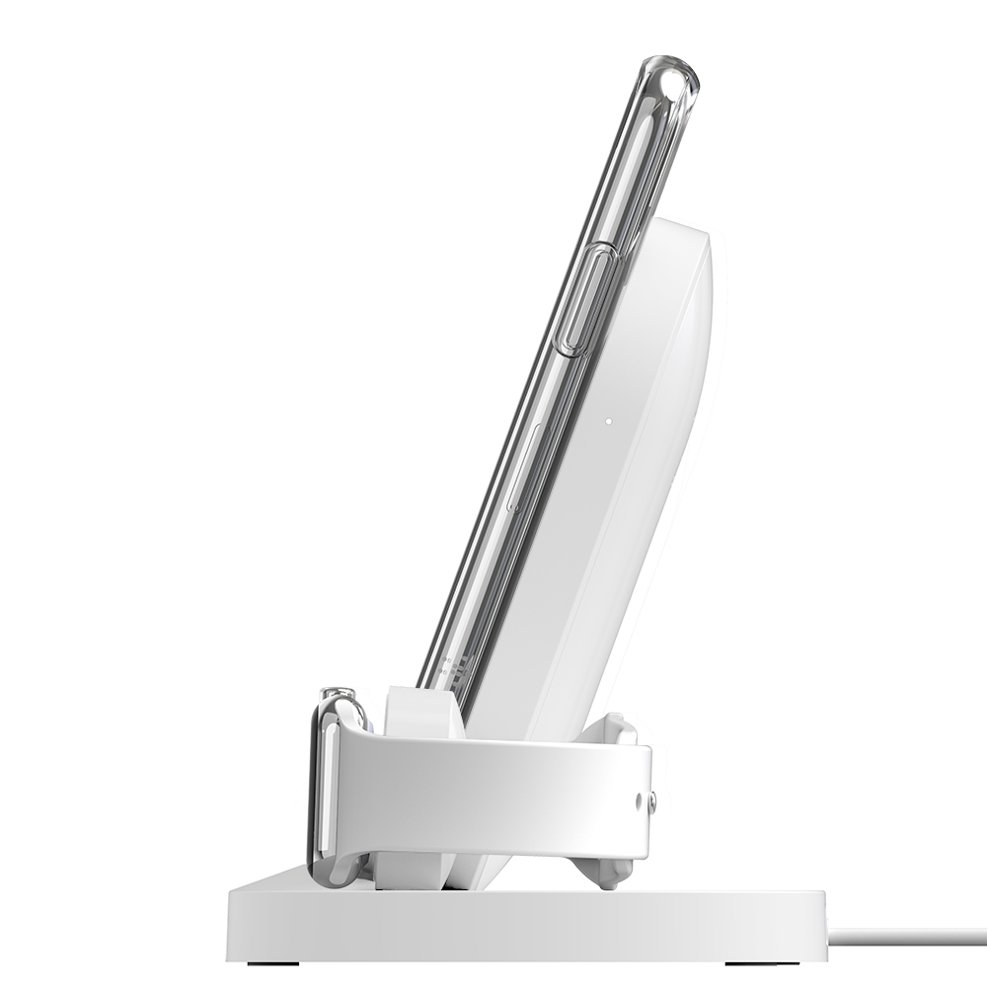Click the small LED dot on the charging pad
609,418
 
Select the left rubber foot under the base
260,959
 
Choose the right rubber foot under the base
767,959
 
